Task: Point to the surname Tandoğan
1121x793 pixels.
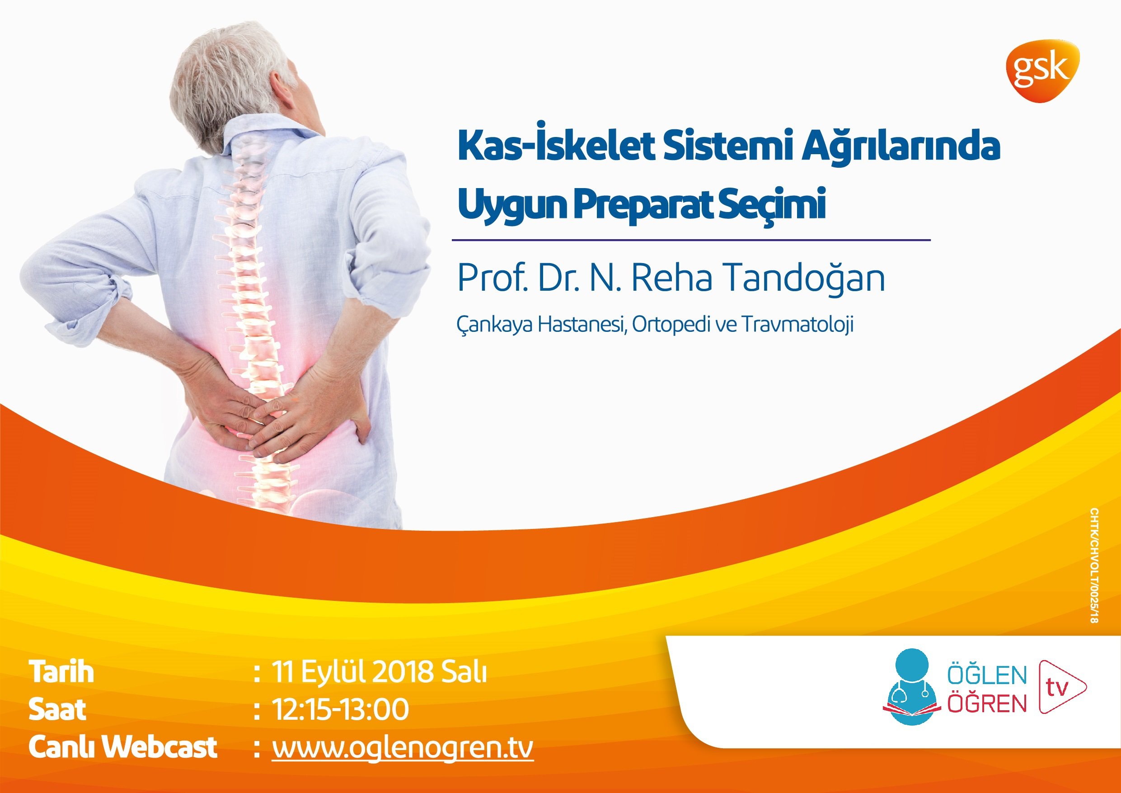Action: (802, 278)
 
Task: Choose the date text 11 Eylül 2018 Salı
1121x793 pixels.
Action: (379, 672)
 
